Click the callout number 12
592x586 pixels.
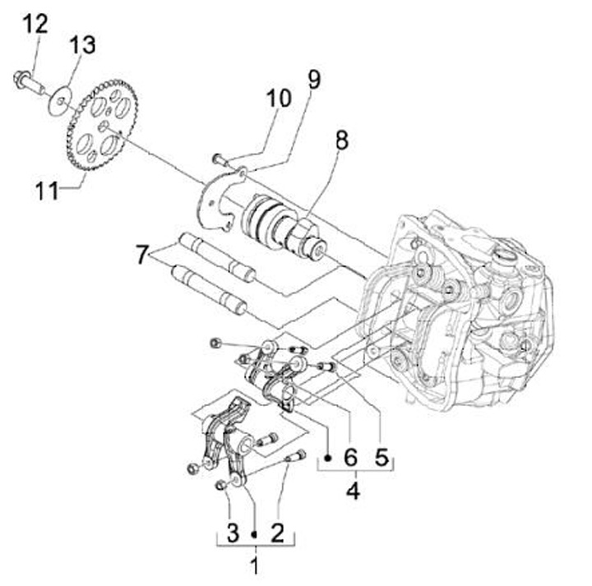pos(35,24)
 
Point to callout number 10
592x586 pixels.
pos(279,99)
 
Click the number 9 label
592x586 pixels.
pos(313,80)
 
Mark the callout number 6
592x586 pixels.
pos(351,456)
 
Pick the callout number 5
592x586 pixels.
pos(381,456)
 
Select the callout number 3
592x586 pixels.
pos(234,533)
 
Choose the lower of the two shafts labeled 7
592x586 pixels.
pos(209,288)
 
